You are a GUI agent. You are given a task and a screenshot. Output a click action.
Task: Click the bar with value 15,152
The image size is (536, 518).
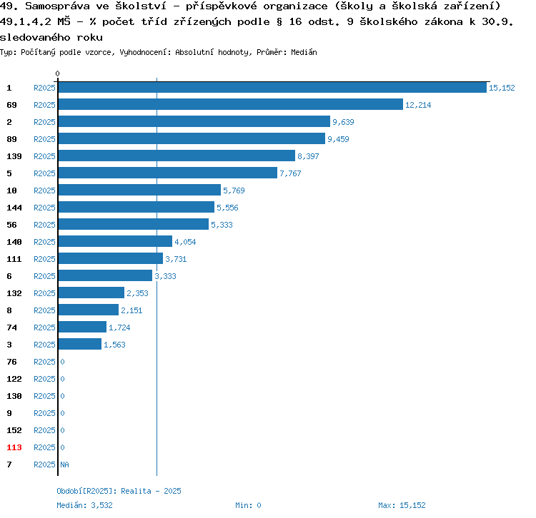272,88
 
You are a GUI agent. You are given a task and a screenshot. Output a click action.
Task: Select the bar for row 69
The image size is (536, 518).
230,105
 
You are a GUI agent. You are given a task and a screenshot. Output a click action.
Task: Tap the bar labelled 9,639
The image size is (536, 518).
194,122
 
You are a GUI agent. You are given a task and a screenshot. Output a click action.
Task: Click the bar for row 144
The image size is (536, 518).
136,208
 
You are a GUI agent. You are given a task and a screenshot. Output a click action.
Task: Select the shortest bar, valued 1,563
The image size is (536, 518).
79,345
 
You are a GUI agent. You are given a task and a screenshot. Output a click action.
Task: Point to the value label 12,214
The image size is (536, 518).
418,105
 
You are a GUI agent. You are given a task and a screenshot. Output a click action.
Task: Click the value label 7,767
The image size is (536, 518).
292,173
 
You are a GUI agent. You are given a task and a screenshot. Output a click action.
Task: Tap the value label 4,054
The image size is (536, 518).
185,242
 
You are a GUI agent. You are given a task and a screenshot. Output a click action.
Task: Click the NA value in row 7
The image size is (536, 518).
64,464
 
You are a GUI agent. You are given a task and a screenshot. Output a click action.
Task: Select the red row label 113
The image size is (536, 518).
14,447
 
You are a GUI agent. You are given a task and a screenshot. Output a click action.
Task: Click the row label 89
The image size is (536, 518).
11,139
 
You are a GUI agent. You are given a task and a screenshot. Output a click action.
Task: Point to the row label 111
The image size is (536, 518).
14,259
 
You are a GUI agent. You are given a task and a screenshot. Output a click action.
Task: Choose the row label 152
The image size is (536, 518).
14,430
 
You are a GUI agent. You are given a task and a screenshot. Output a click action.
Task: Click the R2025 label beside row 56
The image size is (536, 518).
44,225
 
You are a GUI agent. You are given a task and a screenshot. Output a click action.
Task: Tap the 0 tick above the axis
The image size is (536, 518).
58,73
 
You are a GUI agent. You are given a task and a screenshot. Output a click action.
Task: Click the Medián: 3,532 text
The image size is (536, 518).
84,505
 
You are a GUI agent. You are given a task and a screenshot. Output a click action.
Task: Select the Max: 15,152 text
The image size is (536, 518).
402,505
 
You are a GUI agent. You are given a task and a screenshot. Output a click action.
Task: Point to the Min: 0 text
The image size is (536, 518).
248,505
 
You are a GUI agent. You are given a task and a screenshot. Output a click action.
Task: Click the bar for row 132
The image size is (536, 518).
91,293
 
